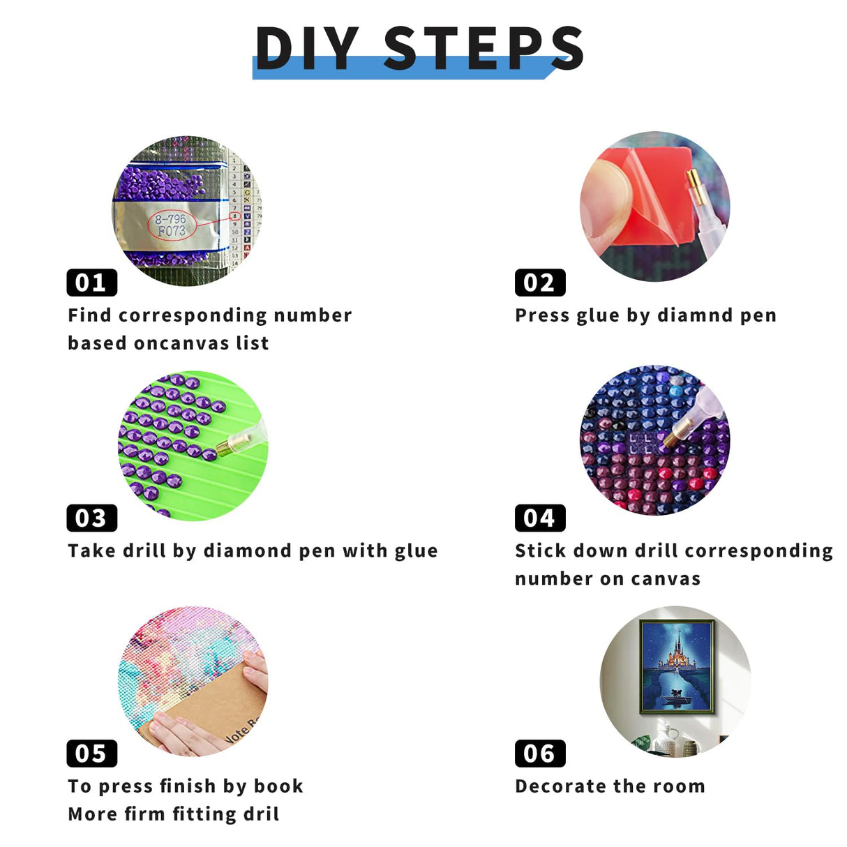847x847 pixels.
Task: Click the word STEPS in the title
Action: coord(484,48)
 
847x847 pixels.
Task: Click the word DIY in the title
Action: coord(307,48)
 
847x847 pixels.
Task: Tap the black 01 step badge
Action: coord(91,283)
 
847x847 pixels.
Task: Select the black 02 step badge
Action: coord(539,283)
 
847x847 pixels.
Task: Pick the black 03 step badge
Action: coord(91,518)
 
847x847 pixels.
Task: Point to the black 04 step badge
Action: coord(539,518)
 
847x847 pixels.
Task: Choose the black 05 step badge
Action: coord(91,754)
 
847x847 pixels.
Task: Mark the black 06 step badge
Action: coord(539,754)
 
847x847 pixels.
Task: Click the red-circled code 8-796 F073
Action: coord(172,225)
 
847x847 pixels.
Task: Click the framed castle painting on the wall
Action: coord(677,666)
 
